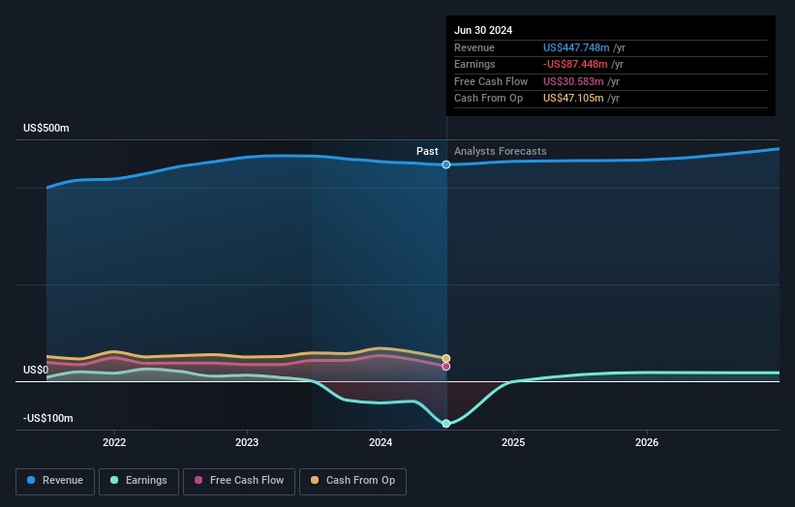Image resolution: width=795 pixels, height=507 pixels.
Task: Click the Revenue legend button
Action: pos(56,480)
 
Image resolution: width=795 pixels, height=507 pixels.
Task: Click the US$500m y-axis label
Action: pos(46,129)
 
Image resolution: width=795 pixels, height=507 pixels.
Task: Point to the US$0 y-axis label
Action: pos(36,371)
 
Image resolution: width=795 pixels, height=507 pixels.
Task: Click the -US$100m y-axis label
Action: pos(48,418)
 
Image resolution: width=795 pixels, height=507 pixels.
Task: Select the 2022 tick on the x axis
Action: pos(114,442)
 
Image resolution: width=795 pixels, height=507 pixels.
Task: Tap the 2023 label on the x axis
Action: pos(247,442)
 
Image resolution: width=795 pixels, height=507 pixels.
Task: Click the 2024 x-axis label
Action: pos(381,442)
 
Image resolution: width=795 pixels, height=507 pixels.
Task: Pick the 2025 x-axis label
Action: pos(513,442)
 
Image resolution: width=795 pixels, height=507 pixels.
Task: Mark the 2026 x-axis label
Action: pos(647,442)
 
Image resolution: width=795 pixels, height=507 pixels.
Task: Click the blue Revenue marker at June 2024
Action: pos(446,164)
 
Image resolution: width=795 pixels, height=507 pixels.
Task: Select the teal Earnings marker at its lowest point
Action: pos(446,424)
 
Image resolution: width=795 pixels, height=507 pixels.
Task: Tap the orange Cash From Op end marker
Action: pos(446,358)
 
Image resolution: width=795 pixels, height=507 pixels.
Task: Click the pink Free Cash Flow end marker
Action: pos(446,366)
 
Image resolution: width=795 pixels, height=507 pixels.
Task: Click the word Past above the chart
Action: pos(427,151)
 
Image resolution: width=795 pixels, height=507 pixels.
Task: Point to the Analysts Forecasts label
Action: pos(500,151)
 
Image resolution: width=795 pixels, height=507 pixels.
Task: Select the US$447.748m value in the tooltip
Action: pos(575,47)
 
